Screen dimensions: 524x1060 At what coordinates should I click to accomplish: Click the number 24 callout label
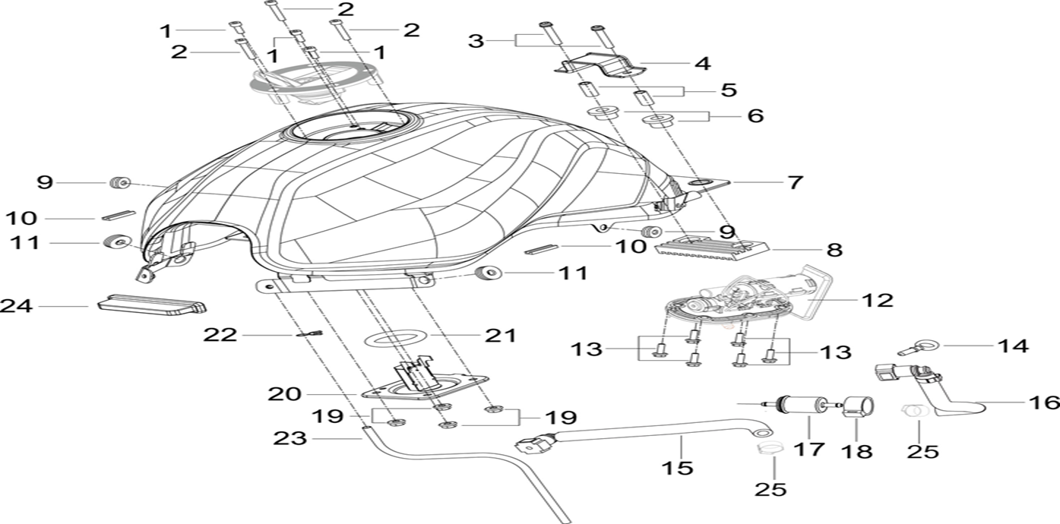(x=17, y=306)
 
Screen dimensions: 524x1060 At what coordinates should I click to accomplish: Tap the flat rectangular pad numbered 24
(x=152, y=305)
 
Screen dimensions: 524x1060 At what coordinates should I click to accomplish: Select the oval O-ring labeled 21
(x=395, y=336)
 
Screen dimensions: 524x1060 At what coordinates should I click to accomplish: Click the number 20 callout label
(x=283, y=394)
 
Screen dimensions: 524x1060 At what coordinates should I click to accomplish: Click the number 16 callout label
(x=1043, y=402)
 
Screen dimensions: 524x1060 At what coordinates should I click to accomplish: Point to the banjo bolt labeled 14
(x=911, y=349)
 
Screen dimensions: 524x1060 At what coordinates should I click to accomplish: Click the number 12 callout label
(x=876, y=300)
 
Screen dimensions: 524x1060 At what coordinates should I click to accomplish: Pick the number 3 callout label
(x=476, y=40)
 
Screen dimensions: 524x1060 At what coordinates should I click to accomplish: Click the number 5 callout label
(x=727, y=90)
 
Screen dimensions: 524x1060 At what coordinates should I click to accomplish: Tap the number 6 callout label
(x=754, y=115)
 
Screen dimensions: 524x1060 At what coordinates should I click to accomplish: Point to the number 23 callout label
(x=292, y=438)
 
